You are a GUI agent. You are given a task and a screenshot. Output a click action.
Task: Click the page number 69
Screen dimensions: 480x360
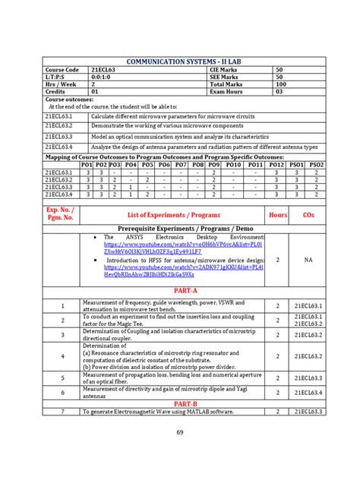coord(180,432)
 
